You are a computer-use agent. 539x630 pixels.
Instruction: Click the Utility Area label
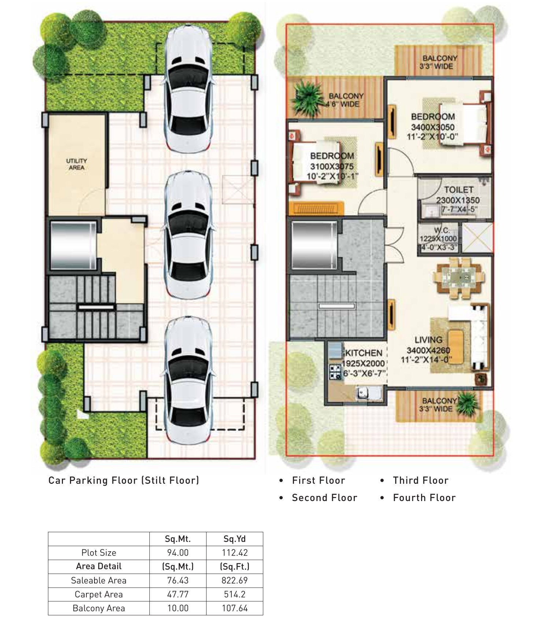(77, 164)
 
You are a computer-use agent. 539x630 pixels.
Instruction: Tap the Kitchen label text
(364, 353)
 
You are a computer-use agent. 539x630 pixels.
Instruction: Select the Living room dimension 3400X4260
(428, 350)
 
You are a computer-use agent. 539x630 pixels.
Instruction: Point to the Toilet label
(459, 190)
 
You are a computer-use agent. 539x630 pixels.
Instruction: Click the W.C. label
(442, 230)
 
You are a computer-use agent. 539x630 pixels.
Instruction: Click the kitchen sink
(369, 393)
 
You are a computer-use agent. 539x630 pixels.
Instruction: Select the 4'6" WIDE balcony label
(343, 104)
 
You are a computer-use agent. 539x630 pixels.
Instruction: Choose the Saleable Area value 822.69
(235, 580)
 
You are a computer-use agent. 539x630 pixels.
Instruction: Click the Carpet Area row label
(99, 594)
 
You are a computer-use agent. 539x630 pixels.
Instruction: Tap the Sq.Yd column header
(235, 539)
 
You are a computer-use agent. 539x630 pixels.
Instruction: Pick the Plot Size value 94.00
(178, 553)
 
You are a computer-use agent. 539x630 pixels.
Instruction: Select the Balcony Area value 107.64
(235, 608)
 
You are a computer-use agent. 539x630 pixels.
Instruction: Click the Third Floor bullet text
(421, 480)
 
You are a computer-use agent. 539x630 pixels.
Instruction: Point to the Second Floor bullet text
(324, 497)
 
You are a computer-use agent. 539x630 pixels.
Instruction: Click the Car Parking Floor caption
(124, 480)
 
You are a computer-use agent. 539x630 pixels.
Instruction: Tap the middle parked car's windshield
(187, 218)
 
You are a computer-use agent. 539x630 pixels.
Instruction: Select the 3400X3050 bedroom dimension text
(433, 127)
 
